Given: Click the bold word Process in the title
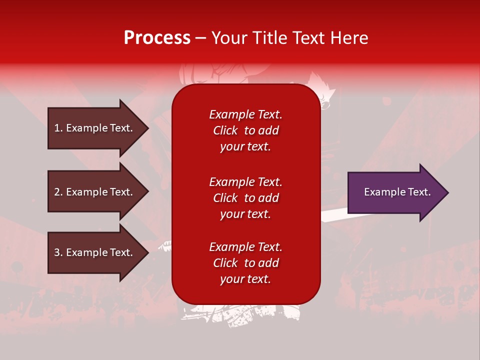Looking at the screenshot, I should pyautogui.click(x=157, y=38).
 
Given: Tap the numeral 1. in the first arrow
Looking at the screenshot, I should pyautogui.click(x=58, y=128).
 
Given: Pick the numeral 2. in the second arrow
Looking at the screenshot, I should pyautogui.click(x=58, y=192).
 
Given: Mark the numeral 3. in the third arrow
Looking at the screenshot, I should pyautogui.click(x=58, y=252).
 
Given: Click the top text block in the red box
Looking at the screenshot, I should pyautogui.click(x=245, y=130).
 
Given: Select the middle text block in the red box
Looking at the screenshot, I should pyautogui.click(x=245, y=198).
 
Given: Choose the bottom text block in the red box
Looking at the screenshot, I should pyautogui.click(x=245, y=263).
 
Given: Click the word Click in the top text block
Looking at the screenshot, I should pyautogui.click(x=225, y=130).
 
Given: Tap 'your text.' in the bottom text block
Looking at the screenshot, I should pyautogui.click(x=245, y=279).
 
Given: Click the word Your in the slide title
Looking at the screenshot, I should pyautogui.click(x=228, y=38).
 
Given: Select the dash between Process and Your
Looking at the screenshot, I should pyautogui.click(x=200, y=38).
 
